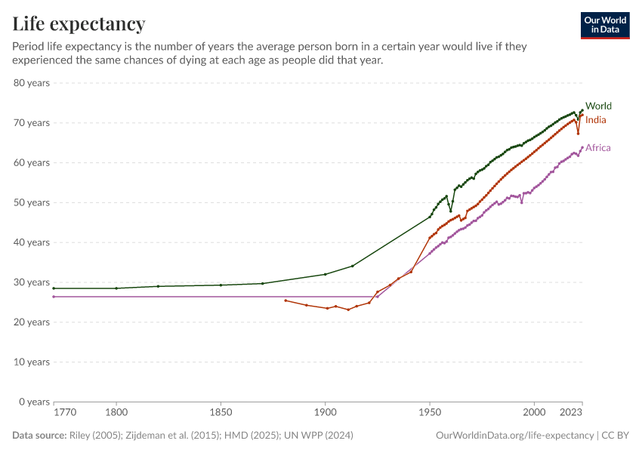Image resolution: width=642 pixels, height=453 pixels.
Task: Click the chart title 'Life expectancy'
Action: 79,24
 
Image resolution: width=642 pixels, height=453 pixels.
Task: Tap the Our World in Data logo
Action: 604,25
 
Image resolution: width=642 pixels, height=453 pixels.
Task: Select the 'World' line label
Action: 598,106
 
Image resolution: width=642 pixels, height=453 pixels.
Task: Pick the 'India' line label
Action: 595,120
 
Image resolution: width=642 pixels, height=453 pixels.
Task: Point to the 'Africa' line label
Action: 598,148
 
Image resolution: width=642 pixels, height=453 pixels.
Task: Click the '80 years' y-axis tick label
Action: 32,83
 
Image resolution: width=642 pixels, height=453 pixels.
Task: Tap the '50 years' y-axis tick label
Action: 32,202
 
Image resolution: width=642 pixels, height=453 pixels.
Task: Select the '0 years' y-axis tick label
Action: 34,402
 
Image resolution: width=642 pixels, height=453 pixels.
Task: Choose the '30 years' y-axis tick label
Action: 32,282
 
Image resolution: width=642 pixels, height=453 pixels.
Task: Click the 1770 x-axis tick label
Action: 64,414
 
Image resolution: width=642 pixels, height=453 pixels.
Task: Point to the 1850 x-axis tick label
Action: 221,414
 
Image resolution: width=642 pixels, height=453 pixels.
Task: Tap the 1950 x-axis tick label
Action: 430,414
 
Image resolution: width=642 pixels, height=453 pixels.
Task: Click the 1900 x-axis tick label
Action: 325,414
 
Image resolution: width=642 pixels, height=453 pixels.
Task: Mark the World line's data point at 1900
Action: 325,274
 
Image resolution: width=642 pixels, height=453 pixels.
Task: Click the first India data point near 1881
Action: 286,300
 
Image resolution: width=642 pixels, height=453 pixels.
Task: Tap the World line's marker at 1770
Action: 54,288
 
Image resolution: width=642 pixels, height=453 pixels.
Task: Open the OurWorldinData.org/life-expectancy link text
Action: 514,436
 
